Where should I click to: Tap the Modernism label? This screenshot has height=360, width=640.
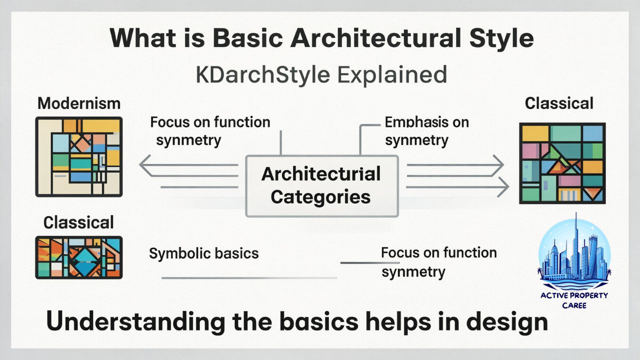[79, 103]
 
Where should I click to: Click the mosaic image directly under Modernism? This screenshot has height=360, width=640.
[79, 157]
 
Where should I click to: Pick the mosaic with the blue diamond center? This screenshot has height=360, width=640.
[79, 257]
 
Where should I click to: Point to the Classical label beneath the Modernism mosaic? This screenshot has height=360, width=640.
[78, 222]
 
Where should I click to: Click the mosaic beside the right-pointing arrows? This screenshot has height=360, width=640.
[562, 163]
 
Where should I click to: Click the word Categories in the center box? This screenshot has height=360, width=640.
[320, 196]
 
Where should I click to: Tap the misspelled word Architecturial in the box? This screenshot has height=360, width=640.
[320, 174]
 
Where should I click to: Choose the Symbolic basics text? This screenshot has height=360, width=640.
[204, 253]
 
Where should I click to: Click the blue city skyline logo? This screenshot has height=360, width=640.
[574, 252]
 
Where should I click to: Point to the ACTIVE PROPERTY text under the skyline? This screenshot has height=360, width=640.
[574, 295]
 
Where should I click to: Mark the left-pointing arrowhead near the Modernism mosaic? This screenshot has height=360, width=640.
[145, 165]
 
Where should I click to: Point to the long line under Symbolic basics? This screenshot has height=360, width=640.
[249, 277]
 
